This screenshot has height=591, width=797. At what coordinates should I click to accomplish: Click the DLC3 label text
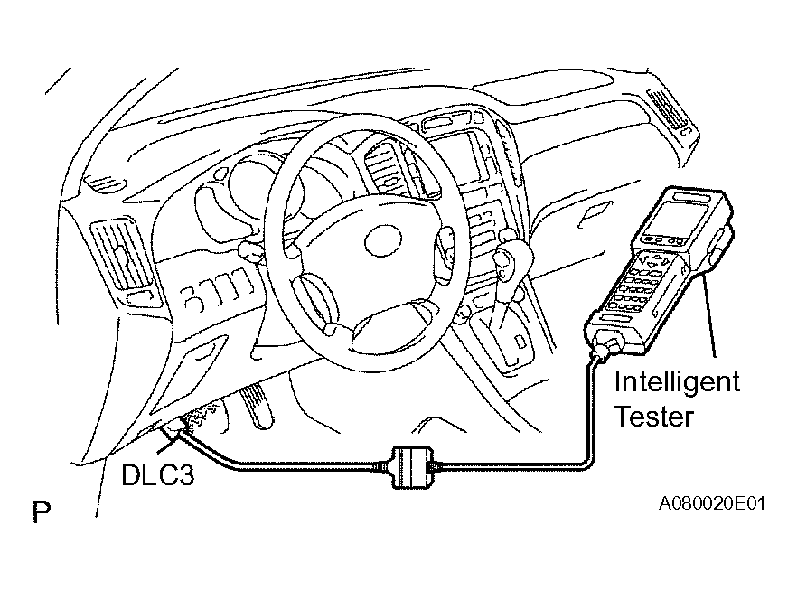pos(157,475)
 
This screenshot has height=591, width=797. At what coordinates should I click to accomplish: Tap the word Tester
pos(654,417)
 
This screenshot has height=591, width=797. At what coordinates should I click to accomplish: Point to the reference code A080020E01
pos(711,503)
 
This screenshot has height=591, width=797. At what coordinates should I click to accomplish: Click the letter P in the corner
pos(42,511)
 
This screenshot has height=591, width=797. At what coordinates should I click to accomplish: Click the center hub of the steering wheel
pos(382,239)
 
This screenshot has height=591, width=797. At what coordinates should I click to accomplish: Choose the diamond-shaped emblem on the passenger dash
pos(595,213)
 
